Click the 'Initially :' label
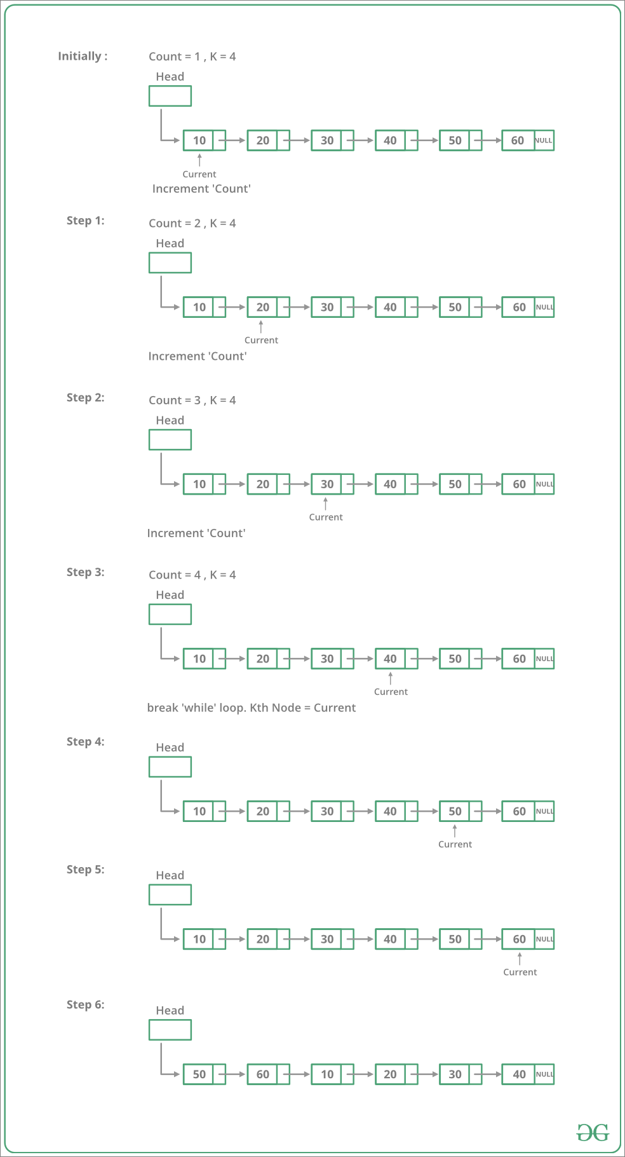[x=83, y=56]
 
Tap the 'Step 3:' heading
[x=86, y=572]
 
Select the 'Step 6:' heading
[x=86, y=1004]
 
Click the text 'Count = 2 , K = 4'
[x=192, y=223]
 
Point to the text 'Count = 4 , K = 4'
[x=192, y=575]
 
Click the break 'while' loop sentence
[x=252, y=708]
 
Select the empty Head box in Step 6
[x=170, y=1030]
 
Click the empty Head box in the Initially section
[x=170, y=96]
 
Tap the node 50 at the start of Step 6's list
[x=205, y=1074]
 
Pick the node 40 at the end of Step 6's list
[x=528, y=1074]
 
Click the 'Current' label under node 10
[x=199, y=174]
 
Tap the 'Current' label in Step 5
[x=520, y=972]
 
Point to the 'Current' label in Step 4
[x=455, y=844]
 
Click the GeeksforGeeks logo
[x=593, y=1132]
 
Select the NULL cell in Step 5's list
[x=544, y=939]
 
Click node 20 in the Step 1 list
[x=269, y=307]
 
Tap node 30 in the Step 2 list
[x=333, y=484]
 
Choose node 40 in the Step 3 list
[x=397, y=659]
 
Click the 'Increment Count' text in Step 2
[x=196, y=533]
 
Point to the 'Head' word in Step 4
[x=170, y=748]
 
